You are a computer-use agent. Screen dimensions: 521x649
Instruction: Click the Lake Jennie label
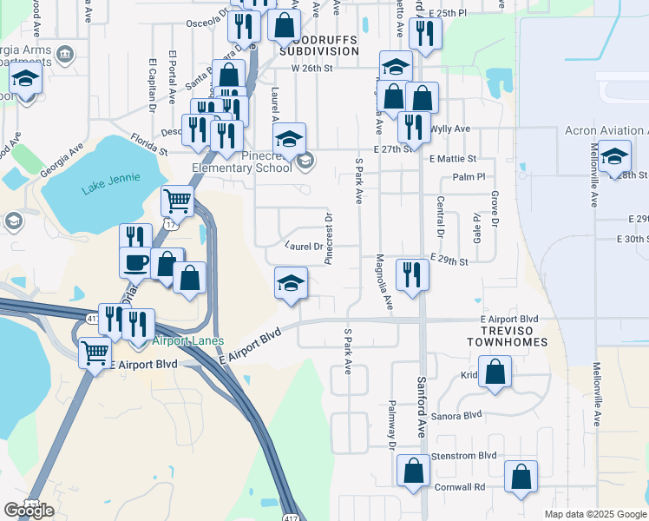pos(103,188)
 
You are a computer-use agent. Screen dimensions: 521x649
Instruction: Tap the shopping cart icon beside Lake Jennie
pos(178,201)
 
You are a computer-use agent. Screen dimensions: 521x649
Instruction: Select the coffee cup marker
pos(134,261)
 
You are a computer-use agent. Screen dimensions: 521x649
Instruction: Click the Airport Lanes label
pos(189,341)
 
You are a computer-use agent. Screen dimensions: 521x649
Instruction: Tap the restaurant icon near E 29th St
pos(411,274)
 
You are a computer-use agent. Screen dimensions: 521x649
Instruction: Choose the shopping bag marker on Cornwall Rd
pos(520,477)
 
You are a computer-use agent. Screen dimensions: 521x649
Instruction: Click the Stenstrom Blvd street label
pos(465,455)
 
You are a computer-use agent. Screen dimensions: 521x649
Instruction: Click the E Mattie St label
pos(453,159)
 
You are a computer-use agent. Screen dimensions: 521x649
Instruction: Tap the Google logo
pos(29,511)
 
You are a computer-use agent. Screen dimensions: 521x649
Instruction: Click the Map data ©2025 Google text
pos(594,514)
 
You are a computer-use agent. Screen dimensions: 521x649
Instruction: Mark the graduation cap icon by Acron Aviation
pos(614,158)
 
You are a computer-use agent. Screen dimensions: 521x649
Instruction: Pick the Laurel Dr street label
pos(304,246)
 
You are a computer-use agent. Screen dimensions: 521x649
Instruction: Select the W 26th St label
pos(312,68)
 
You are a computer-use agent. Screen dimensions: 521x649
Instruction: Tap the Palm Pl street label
pos(468,176)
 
